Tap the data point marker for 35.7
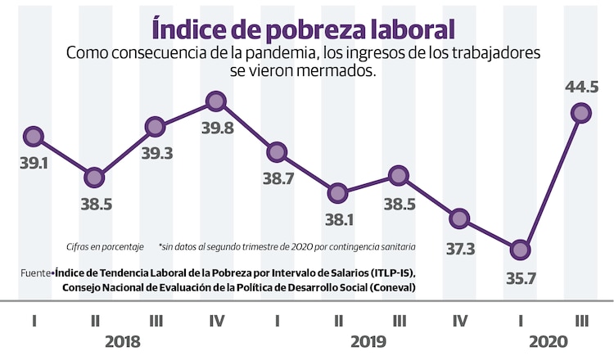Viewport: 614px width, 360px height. tap(521, 250)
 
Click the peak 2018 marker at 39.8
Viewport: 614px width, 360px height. tap(216, 101)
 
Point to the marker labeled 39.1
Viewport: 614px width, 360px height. tap(33, 136)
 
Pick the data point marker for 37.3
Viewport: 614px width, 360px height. tap(459, 218)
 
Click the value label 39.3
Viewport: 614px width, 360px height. tap(156, 153)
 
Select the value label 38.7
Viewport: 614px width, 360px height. tap(277, 179)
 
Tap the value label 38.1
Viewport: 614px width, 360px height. tap(337, 219)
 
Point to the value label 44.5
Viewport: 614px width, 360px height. tap(582, 87)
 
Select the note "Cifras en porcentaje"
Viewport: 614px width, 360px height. tap(105, 246)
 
